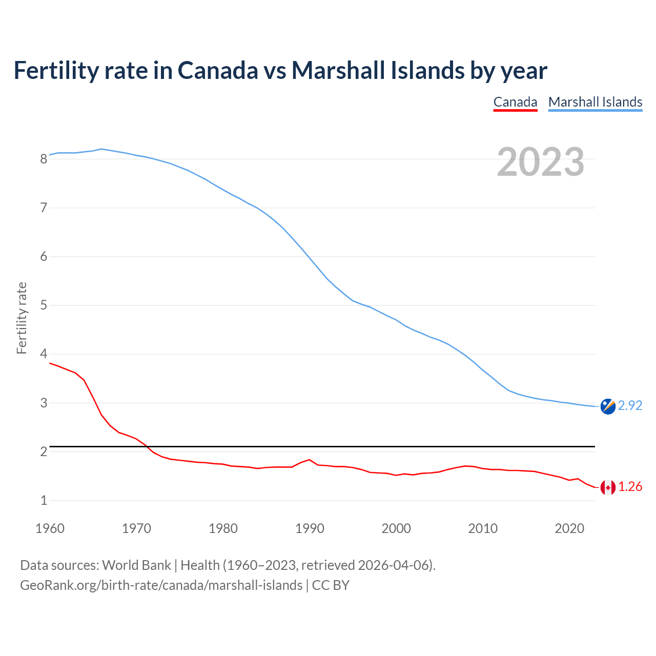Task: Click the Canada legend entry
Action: pos(515,102)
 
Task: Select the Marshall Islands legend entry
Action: pos(595,102)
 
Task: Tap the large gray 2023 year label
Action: pos(541,162)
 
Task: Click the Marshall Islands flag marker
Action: pos(608,406)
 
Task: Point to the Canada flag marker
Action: pos(608,487)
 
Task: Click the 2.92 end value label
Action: pos(630,405)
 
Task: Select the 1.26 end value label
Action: pos(630,486)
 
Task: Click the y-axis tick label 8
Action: pos(44,159)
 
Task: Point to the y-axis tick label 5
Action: pos(44,305)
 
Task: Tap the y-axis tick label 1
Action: pos(44,500)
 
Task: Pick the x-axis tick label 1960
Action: pos(50,528)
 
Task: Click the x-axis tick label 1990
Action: pos(310,528)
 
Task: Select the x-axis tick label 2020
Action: pos(569,528)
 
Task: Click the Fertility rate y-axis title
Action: pos(22,318)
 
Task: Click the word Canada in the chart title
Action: pos(218,70)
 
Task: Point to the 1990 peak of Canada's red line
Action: pos(309,460)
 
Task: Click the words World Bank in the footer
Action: pos(136,565)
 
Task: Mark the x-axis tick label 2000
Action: pos(396,528)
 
